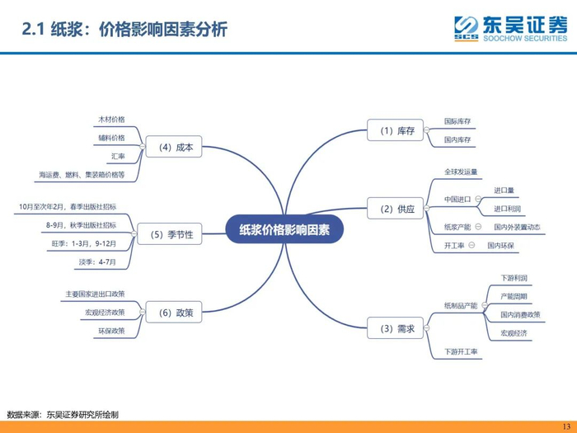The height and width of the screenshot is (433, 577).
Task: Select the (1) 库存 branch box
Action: coord(396,130)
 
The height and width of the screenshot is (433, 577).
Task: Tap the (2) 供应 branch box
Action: coord(396,209)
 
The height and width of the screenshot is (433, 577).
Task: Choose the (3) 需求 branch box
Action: coord(396,328)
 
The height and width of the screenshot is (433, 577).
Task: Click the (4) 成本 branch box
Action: coord(176,148)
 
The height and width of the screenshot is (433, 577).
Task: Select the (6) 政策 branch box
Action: coord(174,313)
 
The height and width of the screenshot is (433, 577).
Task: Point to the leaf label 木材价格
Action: coord(111,120)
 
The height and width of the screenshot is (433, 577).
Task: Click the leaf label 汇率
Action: coord(118,155)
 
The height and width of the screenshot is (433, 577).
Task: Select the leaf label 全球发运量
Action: coord(461,172)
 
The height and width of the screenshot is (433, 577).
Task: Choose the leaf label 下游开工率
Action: coord(462,352)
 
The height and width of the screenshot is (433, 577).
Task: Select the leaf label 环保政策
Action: coord(110,331)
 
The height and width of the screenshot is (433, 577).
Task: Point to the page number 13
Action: coord(565,426)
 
